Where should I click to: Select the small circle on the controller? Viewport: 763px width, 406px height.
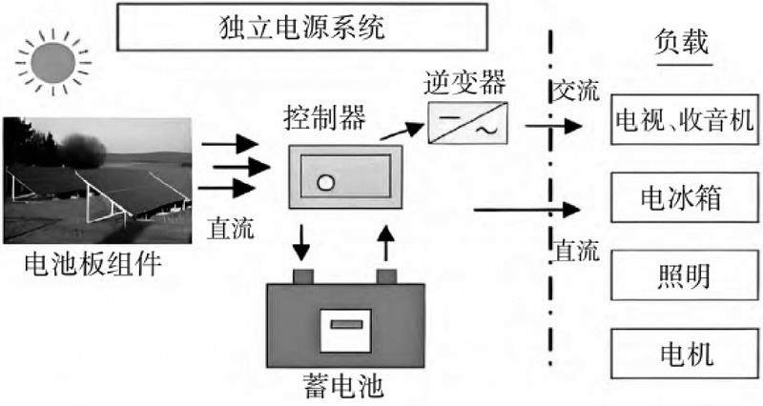pyautogui.click(x=325, y=184)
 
